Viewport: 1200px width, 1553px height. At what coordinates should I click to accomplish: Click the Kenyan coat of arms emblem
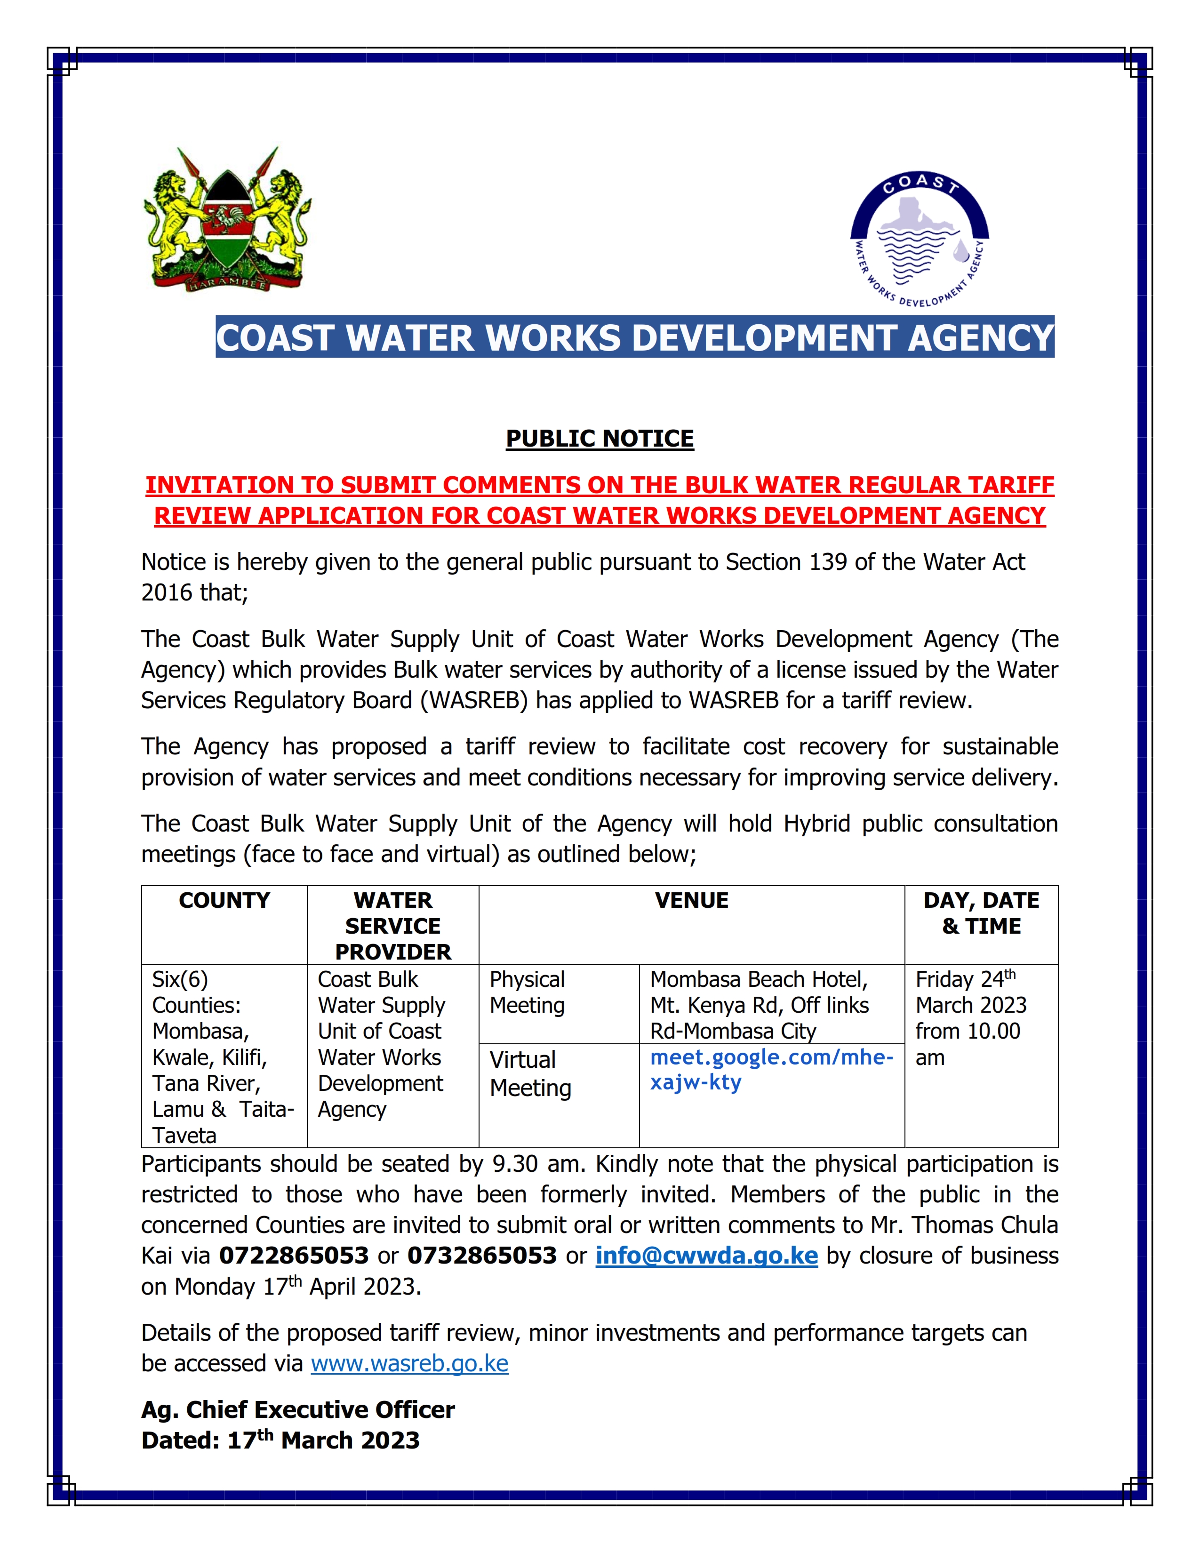tap(227, 220)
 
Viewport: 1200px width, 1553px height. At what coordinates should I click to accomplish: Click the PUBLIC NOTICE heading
tap(599, 439)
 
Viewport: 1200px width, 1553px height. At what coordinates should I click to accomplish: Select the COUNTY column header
tap(224, 900)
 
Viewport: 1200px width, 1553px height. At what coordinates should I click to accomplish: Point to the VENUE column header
tap(691, 900)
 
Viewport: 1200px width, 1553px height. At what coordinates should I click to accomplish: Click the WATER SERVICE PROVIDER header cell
tap(392, 926)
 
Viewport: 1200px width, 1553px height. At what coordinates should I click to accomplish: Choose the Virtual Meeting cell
tap(530, 1074)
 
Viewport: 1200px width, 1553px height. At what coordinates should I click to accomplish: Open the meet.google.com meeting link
tap(771, 1070)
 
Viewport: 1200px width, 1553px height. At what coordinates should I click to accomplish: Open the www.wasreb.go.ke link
tap(409, 1364)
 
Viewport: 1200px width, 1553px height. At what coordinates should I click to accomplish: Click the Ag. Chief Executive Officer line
tap(298, 1410)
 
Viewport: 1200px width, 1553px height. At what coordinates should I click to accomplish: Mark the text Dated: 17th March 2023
tap(280, 1441)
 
